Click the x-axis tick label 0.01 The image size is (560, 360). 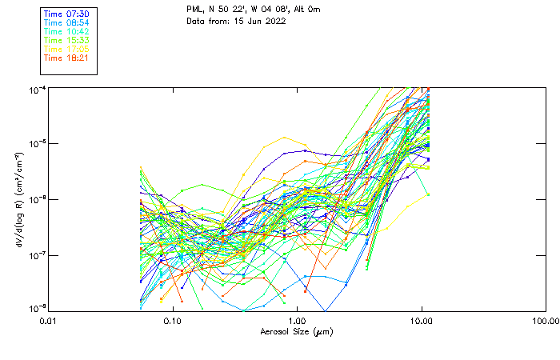coord(49,322)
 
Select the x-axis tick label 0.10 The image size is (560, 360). coord(173,322)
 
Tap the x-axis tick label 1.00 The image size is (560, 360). coord(297,322)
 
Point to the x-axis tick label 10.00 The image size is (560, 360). coord(421,322)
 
